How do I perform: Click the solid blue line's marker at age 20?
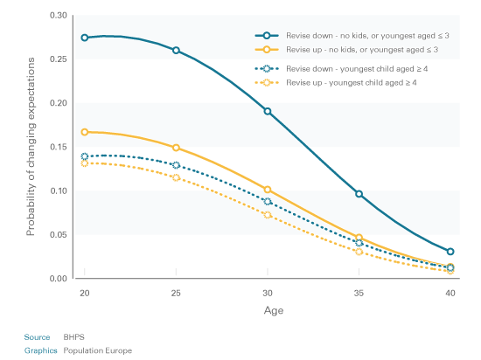tap(85, 38)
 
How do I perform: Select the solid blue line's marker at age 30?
tap(268, 111)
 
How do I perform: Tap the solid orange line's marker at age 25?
tap(176, 148)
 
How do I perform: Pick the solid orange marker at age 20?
tap(85, 132)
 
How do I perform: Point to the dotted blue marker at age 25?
tap(176, 165)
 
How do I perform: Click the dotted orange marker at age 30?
tap(268, 215)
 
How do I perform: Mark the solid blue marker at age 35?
tap(359, 194)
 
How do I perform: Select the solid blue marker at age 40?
tap(450, 252)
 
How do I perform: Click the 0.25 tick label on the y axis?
tap(59, 59)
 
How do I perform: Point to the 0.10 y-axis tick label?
tap(59, 190)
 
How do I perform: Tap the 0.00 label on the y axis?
tap(59, 279)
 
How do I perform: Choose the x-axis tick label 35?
tap(359, 294)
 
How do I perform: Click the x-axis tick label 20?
tap(85, 294)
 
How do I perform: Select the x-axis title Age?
tap(274, 311)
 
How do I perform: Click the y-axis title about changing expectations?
tap(31, 147)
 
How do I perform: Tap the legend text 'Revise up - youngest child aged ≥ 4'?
tap(352, 83)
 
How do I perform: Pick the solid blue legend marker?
tap(267, 36)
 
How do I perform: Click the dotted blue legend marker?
tap(267, 69)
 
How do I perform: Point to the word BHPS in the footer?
tap(74, 337)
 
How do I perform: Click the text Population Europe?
tap(98, 350)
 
